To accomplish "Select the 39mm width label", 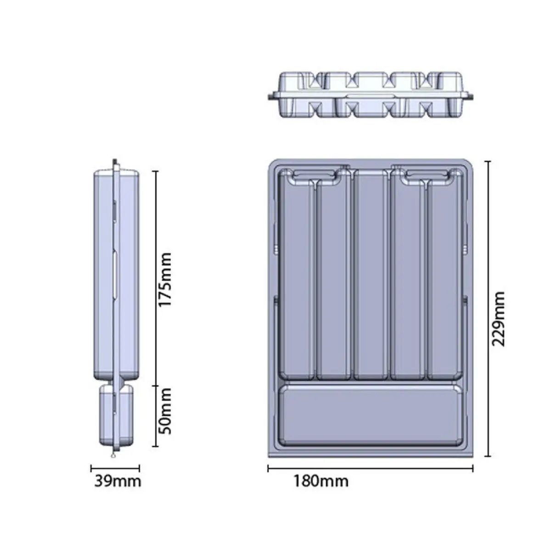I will click(x=118, y=481).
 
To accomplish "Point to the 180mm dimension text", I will click(x=320, y=481).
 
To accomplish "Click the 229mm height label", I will click(x=498, y=319).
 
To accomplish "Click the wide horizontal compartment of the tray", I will click(x=371, y=416).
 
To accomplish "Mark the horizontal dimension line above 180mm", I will click(x=370, y=468).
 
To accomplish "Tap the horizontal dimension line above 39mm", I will click(x=115, y=468).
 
